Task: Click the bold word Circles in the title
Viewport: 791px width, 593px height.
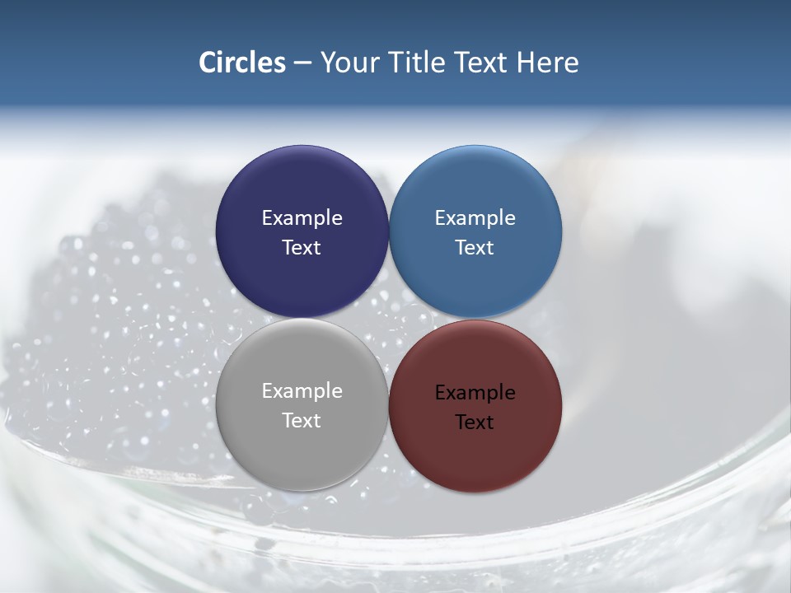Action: (x=242, y=63)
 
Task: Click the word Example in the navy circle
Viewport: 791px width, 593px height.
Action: (x=302, y=218)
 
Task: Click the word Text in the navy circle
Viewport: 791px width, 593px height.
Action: (x=302, y=248)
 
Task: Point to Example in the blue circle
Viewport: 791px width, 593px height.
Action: (x=475, y=218)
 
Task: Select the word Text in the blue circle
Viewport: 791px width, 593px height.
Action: (x=475, y=248)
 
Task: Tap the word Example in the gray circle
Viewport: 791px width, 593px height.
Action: (x=302, y=391)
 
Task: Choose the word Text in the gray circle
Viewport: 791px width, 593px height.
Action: (x=302, y=421)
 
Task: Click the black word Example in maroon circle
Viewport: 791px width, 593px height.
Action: (x=475, y=393)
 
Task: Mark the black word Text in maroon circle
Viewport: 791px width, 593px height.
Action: (x=475, y=423)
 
